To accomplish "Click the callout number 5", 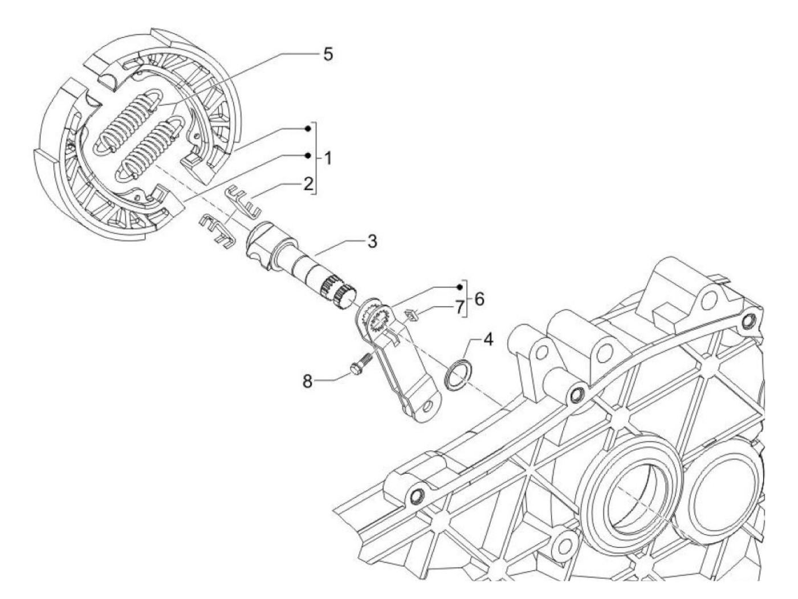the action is (328, 54).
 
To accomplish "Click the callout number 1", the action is (328, 159).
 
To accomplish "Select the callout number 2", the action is (308, 184).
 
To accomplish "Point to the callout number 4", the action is (488, 340).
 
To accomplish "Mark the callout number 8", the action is (308, 381).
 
